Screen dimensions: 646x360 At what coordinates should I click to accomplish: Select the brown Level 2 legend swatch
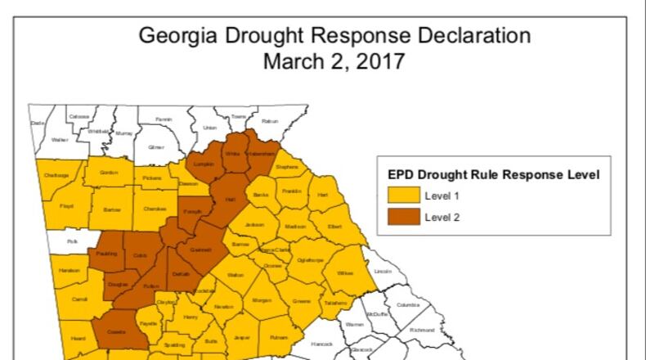pyautogui.click(x=403, y=216)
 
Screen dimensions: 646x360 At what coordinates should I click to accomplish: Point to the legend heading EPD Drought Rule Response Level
pyautogui.click(x=494, y=174)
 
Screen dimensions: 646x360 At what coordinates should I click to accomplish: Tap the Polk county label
pyautogui.click(x=72, y=242)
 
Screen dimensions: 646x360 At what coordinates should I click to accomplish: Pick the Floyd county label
pyautogui.click(x=66, y=205)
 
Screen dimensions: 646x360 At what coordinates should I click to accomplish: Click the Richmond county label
pyautogui.click(x=422, y=331)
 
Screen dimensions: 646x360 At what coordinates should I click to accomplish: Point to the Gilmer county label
pyautogui.click(x=156, y=148)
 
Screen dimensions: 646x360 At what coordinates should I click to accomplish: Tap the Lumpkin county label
pyautogui.click(x=203, y=164)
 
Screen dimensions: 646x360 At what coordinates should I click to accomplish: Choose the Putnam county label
pyautogui.click(x=279, y=336)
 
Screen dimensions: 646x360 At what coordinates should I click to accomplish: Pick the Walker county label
pyautogui.click(x=60, y=140)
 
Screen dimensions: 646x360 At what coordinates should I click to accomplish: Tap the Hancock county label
pyautogui.click(x=323, y=344)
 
